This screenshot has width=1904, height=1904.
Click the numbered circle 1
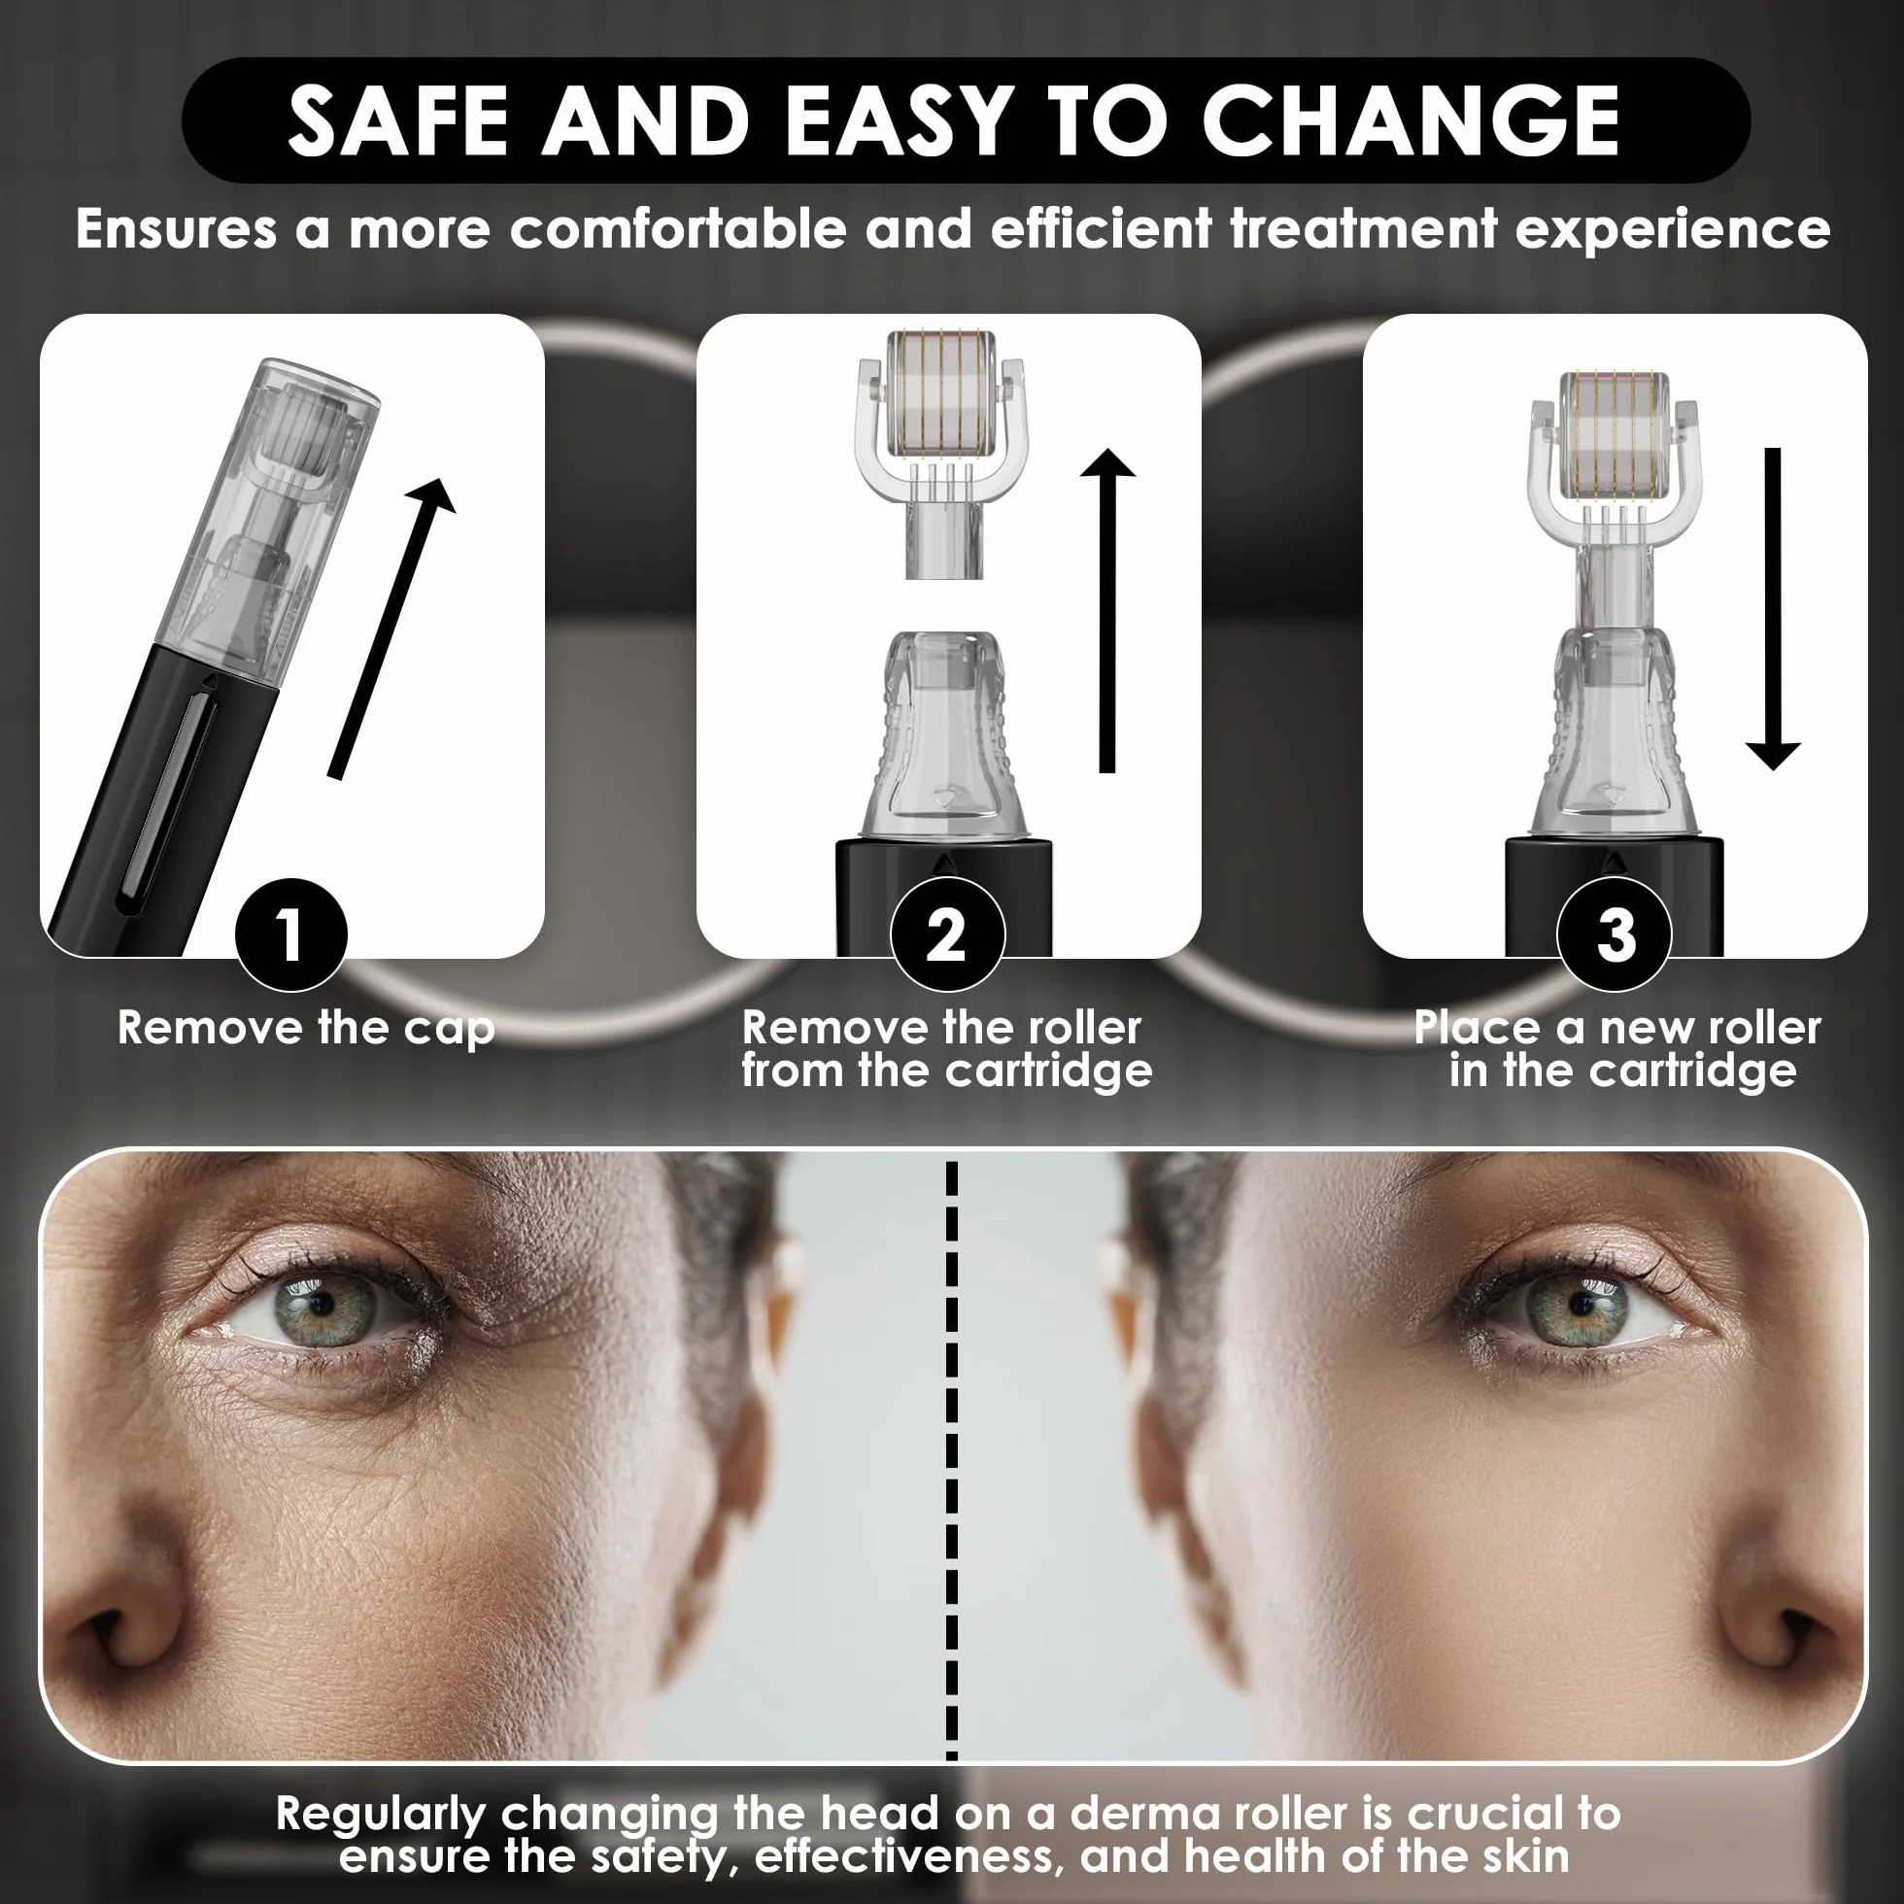[x=290, y=935]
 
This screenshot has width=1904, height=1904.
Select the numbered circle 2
[x=947, y=935]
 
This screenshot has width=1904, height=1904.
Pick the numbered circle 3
[x=1615, y=935]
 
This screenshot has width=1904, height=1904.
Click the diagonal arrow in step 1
[x=392, y=629]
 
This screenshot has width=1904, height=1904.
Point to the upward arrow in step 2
[x=1107, y=611]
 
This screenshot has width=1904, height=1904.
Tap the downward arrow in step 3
[x=1773, y=609]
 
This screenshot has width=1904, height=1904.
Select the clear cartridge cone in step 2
[x=944, y=735]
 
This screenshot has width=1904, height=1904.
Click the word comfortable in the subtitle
[x=678, y=228]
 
